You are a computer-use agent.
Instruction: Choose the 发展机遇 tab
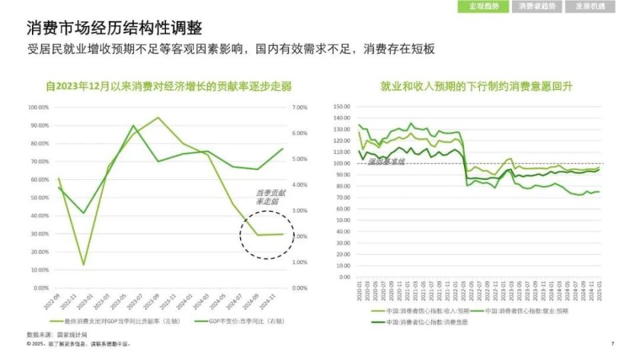tap(591, 7)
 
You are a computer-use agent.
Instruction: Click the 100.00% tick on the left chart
tap(38, 107)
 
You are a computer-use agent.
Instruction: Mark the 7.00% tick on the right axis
tap(300, 107)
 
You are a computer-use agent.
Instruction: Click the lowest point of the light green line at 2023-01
tap(84, 265)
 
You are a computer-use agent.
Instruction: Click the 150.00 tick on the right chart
tap(341, 107)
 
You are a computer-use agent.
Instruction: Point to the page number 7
tap(612, 344)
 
